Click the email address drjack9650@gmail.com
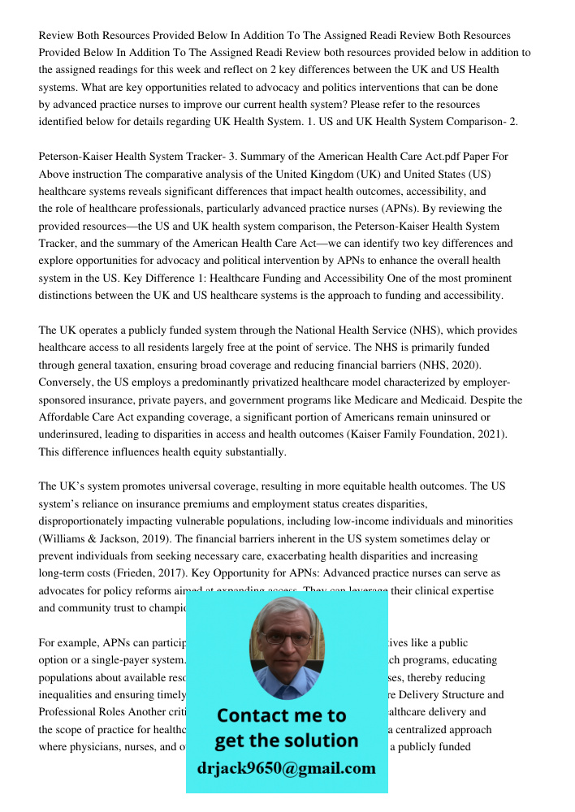tap(286, 768)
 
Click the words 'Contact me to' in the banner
tap(281, 715)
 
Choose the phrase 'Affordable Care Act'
tap(89, 417)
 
